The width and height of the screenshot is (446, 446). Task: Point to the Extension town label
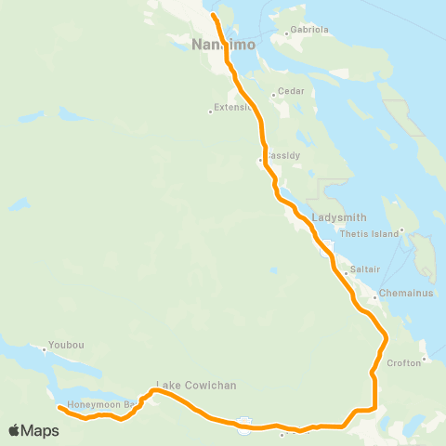[232, 107]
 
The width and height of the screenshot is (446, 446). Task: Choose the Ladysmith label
[333, 216]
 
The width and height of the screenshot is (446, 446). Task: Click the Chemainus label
[396, 296]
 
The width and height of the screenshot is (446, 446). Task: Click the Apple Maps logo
[33, 430]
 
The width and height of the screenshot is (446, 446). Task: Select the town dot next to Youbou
[45, 350]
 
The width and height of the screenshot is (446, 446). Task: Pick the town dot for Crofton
[424, 358]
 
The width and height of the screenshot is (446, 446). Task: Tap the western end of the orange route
[59, 407]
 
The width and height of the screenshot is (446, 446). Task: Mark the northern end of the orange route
[213, 15]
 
